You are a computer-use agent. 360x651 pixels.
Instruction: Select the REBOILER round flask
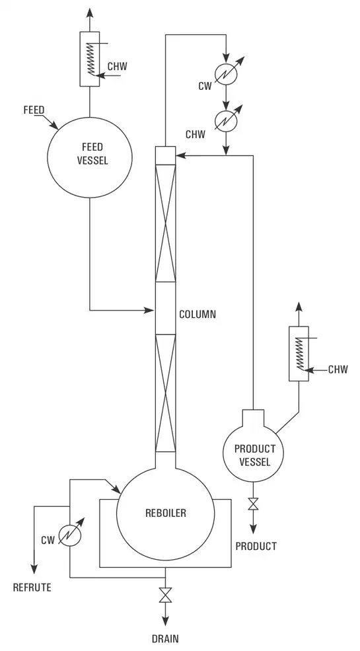tap(165, 512)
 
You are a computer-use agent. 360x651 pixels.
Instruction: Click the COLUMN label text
tap(198, 315)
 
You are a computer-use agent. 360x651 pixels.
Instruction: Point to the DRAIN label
tap(164, 639)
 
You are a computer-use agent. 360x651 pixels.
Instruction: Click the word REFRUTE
tap(32, 587)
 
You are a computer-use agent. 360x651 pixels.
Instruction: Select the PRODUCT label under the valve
tap(256, 547)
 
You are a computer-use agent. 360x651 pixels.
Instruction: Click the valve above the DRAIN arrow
tap(165, 595)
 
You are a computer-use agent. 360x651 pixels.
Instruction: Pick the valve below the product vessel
tap(252, 506)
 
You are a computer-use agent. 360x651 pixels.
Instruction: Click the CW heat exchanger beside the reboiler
tap(69, 534)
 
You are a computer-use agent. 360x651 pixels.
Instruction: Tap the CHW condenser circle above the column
tap(227, 121)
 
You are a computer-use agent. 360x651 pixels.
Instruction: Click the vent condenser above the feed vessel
tap(89, 58)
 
